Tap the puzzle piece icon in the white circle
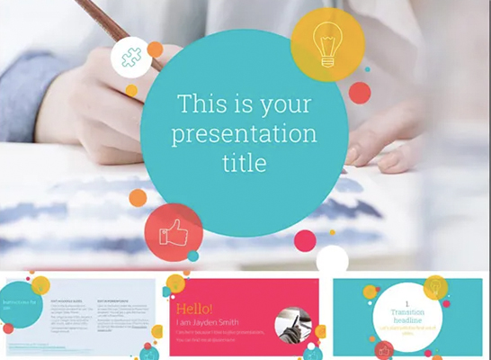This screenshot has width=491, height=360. tap(130, 57)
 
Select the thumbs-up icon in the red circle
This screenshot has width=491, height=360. tap(173, 232)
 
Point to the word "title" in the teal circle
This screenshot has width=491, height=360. tap(245, 163)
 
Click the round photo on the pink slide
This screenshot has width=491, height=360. tap(293, 325)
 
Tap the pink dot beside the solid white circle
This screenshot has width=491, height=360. tap(305, 240)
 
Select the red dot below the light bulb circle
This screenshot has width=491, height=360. tap(360, 93)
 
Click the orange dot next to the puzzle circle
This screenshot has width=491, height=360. tap(155, 49)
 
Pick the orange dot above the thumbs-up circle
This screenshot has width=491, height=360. tap(138, 198)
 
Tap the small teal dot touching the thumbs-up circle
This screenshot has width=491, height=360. tap(192, 256)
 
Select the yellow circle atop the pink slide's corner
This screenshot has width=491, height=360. tap(175, 284)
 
